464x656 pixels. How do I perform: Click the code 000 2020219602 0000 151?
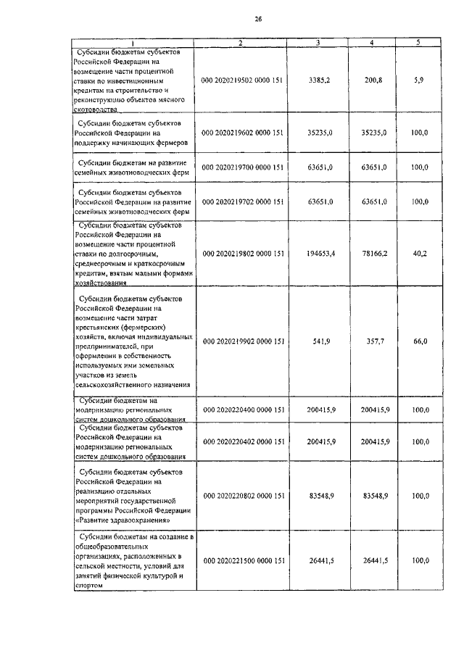click(241, 133)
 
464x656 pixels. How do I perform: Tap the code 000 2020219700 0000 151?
click(241, 167)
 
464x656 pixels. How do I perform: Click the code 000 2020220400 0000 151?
click(241, 410)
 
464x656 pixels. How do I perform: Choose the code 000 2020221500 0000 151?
click(241, 561)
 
